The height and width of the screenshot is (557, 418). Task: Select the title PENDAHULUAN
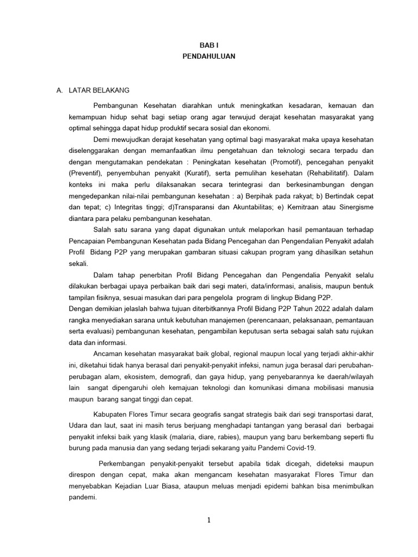[208, 56]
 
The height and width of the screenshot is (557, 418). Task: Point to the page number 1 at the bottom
[208, 520]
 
